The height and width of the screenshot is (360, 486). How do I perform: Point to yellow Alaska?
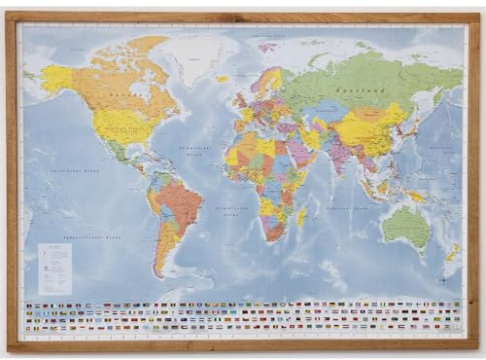tap(56, 78)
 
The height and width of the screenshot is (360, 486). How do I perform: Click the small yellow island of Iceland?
tap(222, 79)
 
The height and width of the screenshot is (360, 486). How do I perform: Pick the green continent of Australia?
tap(406, 227)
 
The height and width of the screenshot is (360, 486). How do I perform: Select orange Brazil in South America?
tap(180, 204)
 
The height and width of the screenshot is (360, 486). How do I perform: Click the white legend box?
tap(54, 269)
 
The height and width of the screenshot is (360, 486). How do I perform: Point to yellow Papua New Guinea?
tap(416, 196)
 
